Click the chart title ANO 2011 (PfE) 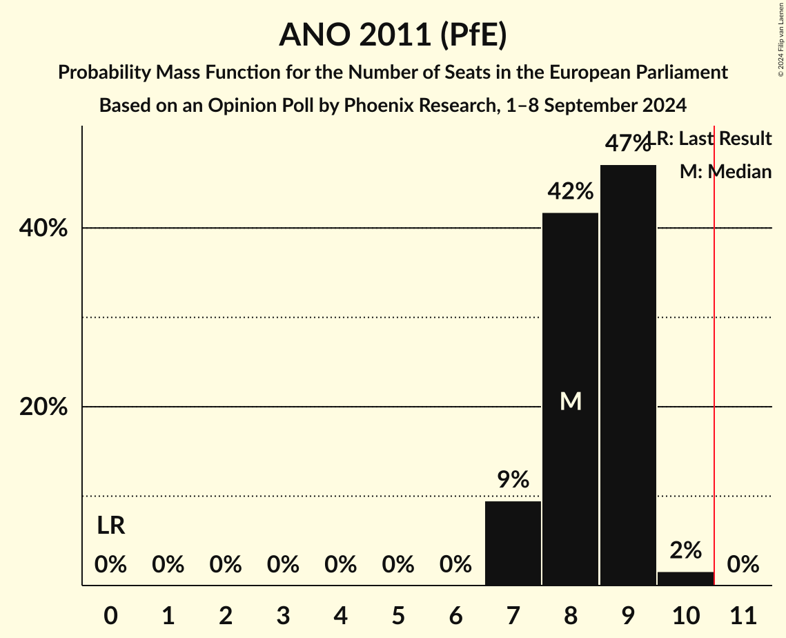pos(393,35)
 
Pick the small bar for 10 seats pos(685,579)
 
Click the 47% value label pos(627,144)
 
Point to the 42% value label pos(570,191)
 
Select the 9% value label pos(513,479)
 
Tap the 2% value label pos(685,550)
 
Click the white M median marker pos(571,401)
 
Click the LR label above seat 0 pos(110,526)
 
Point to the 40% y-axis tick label pos(43,229)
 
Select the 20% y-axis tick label pos(43,407)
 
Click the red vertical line pos(714,345)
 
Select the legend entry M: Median pos(725,172)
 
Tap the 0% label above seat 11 pos(743,565)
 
